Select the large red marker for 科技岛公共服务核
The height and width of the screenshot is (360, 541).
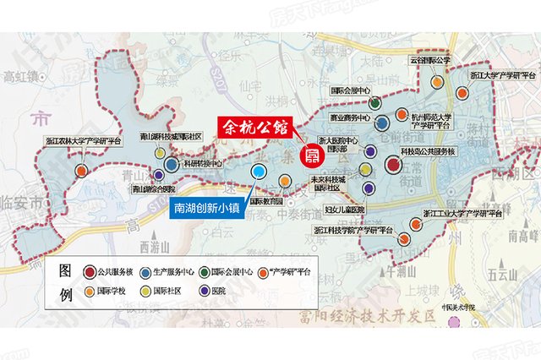click(x=395, y=165)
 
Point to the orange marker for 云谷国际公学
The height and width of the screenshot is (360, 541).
click(x=435, y=83)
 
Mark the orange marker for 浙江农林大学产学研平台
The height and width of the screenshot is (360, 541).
click(x=81, y=171)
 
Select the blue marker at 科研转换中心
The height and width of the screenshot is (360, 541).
click(x=172, y=165)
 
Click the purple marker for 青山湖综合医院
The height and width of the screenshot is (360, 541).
click(x=159, y=176)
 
